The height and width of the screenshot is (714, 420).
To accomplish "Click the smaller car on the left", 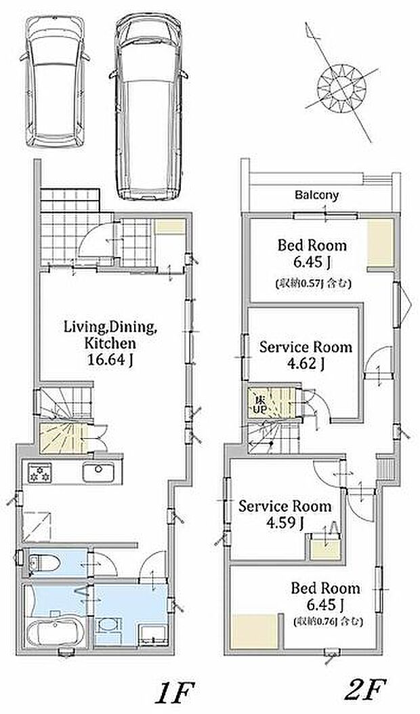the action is point(55,81).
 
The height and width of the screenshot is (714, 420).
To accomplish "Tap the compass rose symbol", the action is point(341,86).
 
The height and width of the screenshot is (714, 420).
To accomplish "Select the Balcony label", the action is point(317,195).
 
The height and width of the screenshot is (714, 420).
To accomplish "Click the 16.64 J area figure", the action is point(110,359).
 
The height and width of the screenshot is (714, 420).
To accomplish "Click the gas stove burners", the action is point(39,472).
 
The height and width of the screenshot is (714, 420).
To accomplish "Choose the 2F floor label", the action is point(365,689).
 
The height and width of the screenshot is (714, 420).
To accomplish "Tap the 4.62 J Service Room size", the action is point(306,363).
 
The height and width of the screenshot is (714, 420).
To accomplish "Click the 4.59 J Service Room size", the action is point(285,523).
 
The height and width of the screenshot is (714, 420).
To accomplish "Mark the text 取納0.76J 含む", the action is point(328,620).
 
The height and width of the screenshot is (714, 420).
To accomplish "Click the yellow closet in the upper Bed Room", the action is point(380,243).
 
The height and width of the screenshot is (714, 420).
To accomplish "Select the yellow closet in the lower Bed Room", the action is point(255,631).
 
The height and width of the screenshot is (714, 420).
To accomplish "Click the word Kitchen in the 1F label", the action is point(110,343).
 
